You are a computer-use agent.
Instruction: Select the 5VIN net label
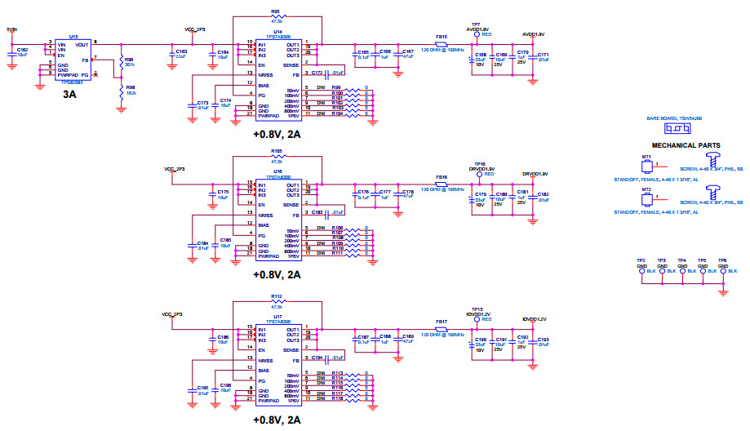(x=11, y=29)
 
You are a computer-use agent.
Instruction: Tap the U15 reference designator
(x=73, y=37)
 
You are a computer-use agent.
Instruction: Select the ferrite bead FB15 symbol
(x=442, y=44)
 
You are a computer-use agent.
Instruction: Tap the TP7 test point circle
(x=476, y=35)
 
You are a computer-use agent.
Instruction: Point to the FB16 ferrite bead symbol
(x=442, y=184)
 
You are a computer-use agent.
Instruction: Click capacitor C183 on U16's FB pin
(x=328, y=211)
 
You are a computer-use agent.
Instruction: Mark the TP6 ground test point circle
(x=722, y=270)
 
